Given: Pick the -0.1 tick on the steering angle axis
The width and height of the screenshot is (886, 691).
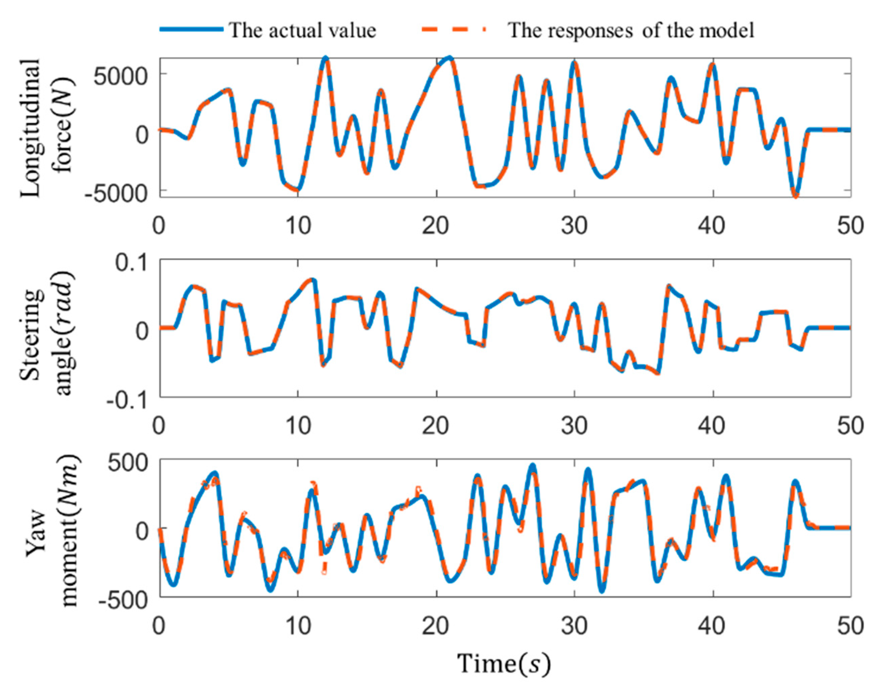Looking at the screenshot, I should [127, 401].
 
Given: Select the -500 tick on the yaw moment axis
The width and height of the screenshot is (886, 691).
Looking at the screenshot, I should [122, 600].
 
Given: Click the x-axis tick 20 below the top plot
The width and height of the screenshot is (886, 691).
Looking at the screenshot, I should [436, 225].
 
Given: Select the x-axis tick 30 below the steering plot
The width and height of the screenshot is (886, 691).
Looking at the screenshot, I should [575, 426].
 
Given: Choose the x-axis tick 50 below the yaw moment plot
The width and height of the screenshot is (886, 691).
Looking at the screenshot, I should [851, 626].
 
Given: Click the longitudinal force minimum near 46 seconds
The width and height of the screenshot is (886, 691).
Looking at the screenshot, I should [796, 195].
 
